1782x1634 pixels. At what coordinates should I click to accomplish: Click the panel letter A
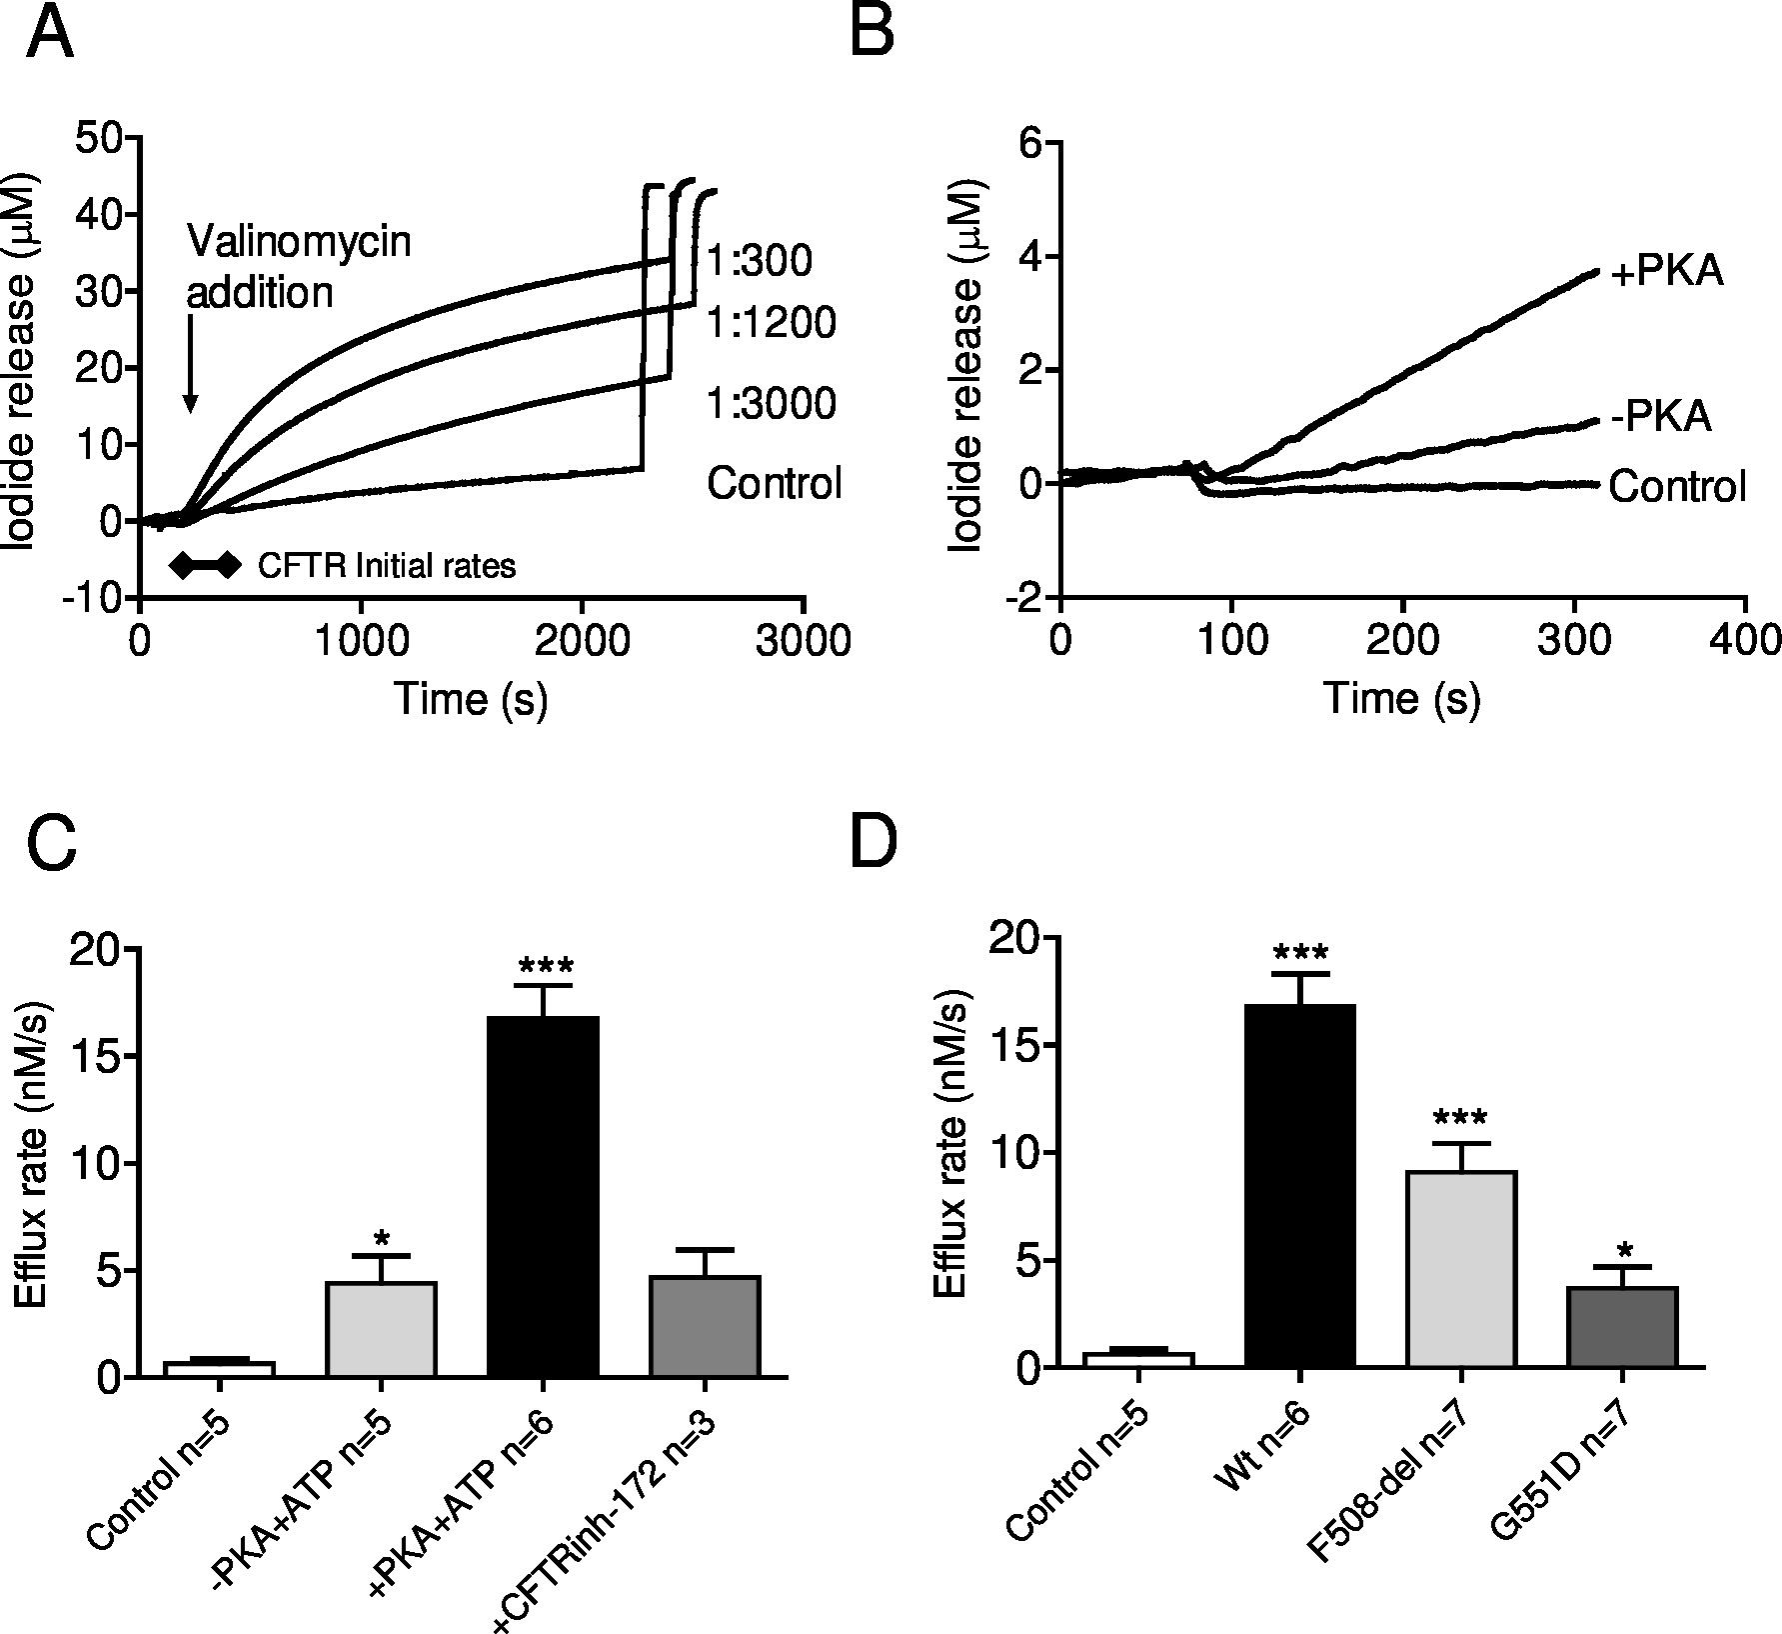tap(50, 37)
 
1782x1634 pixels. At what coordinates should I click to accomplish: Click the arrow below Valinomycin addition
tap(190, 369)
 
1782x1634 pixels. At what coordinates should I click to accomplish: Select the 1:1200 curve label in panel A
tap(771, 323)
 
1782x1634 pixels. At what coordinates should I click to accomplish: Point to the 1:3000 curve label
tap(771, 404)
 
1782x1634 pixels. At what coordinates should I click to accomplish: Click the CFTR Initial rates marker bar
tap(204, 566)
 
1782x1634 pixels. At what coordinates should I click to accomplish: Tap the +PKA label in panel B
tap(1667, 272)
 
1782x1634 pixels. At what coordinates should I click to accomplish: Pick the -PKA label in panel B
tap(1661, 416)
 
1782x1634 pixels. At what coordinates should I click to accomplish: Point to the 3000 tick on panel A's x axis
tap(803, 640)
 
